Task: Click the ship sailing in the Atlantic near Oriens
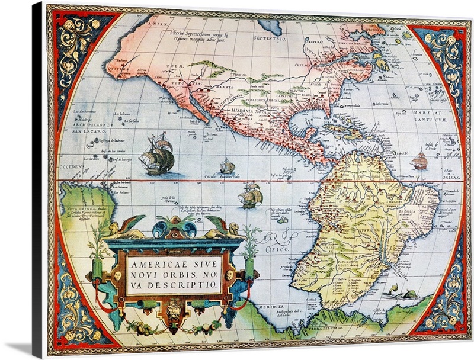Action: point(419,160)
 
